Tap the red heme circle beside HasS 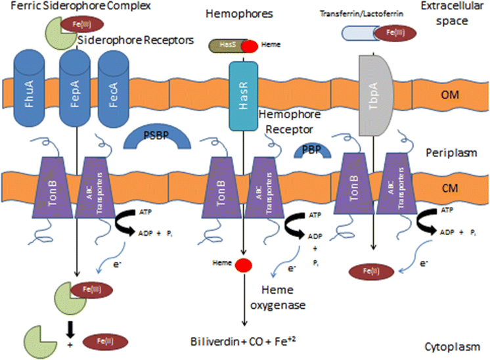[250, 46]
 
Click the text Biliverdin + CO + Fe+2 [244, 342]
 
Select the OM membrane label [451, 96]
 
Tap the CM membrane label [451, 187]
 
